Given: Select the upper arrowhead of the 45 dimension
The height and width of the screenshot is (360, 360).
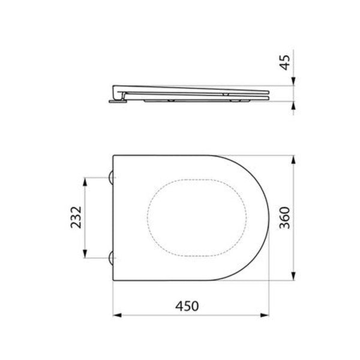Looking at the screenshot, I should click(x=293, y=83).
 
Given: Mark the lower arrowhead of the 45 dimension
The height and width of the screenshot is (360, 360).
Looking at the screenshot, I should click(x=293, y=106).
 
